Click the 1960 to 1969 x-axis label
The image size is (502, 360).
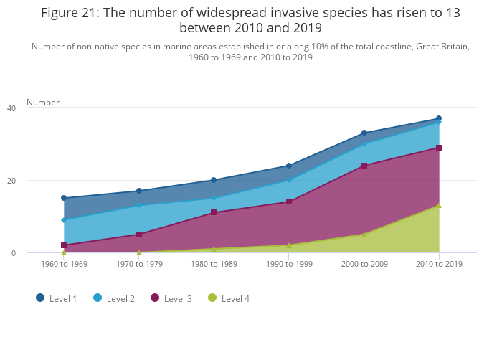pyautogui.click(x=64, y=264)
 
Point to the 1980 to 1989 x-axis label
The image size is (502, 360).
pyautogui.click(x=214, y=264)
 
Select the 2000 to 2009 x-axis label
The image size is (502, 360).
pyautogui.click(x=364, y=264)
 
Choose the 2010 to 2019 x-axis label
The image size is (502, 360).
pyautogui.click(x=439, y=264)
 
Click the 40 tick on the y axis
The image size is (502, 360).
pyautogui.click(x=11, y=108)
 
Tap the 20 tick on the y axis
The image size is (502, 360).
pyautogui.click(x=11, y=181)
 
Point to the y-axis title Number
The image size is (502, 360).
pyautogui.click(x=43, y=103)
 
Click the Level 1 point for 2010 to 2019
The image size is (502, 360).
pyautogui.click(x=439, y=119)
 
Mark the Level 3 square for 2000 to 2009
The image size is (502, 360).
pyautogui.click(x=364, y=166)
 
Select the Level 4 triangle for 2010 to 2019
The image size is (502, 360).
pyautogui.click(x=439, y=206)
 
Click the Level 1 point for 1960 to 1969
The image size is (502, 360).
pyautogui.click(x=64, y=198)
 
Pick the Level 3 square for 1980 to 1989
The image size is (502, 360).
pyautogui.click(x=214, y=213)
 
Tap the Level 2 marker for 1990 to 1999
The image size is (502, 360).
pyautogui.click(x=289, y=180)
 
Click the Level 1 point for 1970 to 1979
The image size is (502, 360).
pyautogui.click(x=139, y=191)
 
